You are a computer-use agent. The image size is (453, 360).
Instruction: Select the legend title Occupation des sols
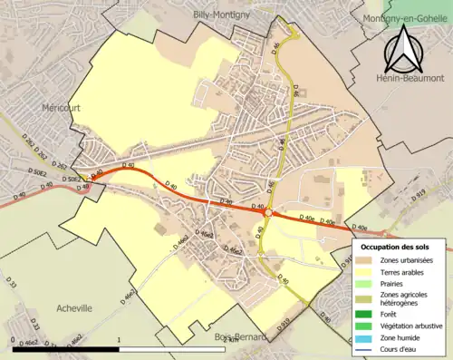(x=395, y=247)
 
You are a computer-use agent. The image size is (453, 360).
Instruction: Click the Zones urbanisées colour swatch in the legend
(x=366, y=260)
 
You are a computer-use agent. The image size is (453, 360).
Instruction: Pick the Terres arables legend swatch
(x=366, y=271)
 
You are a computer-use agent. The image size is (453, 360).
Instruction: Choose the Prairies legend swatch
(x=366, y=283)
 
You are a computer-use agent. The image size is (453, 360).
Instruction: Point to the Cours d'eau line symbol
(x=366, y=348)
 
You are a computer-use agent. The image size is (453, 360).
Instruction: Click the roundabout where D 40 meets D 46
(x=268, y=212)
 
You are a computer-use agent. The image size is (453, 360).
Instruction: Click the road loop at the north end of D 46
(x=289, y=36)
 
